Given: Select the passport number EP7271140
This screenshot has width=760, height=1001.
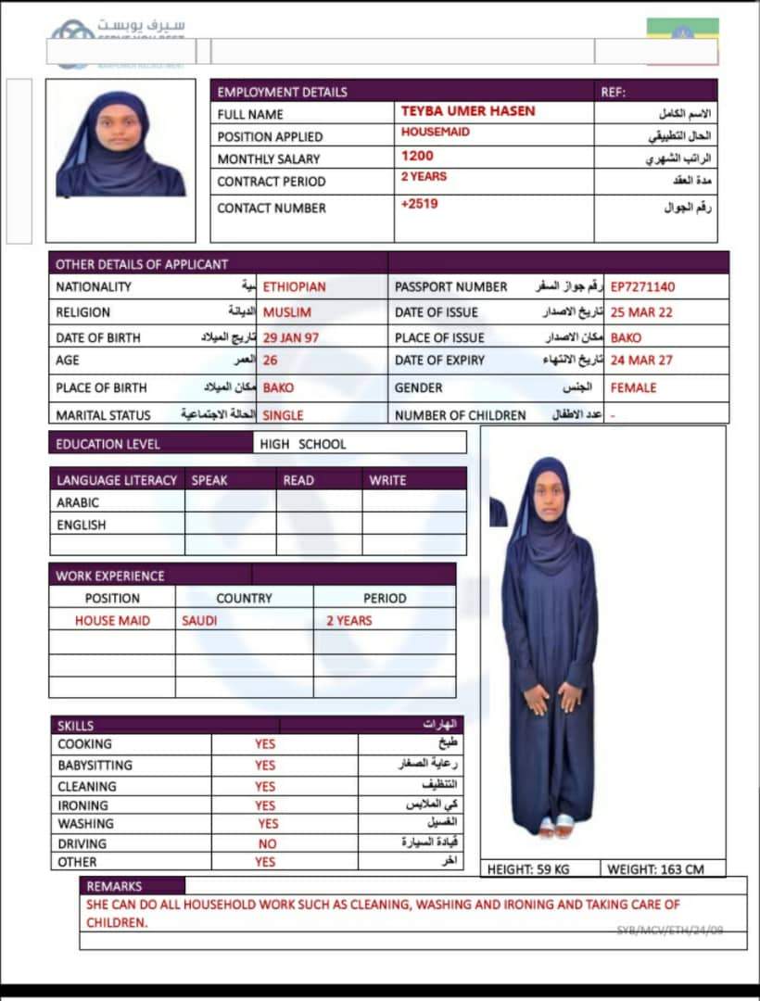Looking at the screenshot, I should [x=642, y=287].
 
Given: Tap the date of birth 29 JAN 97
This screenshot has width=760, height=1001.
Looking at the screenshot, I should [x=290, y=337].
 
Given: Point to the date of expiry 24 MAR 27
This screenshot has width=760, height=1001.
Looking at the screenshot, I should [x=641, y=361].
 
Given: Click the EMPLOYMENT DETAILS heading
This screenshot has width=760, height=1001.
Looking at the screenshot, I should [x=282, y=92].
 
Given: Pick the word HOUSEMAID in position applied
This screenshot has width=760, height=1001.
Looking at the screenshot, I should [x=435, y=133].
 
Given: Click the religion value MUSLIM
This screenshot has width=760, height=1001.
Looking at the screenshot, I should [x=286, y=312].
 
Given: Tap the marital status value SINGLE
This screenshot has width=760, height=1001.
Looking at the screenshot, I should [x=283, y=415].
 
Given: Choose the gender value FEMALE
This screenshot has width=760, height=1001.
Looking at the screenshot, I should [x=633, y=387].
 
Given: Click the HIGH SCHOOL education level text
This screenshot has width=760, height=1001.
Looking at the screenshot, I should [x=302, y=444].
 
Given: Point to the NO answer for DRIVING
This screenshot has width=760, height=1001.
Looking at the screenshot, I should [x=267, y=844].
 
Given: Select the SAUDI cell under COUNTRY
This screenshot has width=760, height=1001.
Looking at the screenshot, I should [x=199, y=621].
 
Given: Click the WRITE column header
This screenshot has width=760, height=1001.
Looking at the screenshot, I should [x=387, y=480].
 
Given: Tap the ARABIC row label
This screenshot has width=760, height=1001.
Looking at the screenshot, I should [x=78, y=502].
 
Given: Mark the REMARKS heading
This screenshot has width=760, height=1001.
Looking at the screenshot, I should [x=114, y=886].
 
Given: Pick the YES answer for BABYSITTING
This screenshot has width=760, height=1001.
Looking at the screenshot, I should [x=265, y=766].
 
